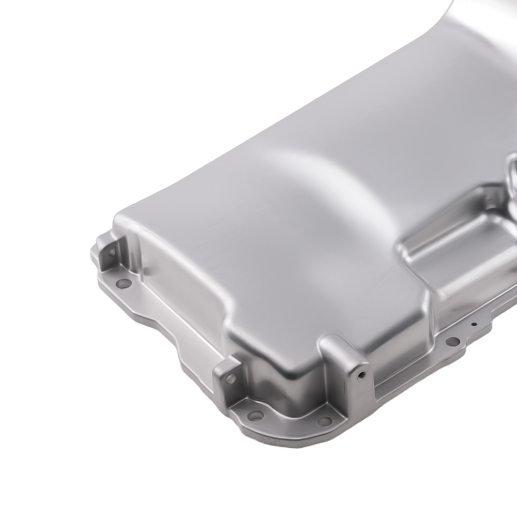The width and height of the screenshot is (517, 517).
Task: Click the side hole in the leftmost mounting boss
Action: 111,252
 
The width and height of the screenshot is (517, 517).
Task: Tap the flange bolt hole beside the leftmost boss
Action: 123,283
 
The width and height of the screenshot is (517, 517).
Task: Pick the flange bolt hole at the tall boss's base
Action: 324,421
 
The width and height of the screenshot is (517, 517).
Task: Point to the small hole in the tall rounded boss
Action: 361,374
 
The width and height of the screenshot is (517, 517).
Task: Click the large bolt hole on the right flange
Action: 452,341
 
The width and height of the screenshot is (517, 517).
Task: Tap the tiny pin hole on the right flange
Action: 474,325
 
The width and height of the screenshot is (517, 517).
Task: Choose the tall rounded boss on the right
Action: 346,367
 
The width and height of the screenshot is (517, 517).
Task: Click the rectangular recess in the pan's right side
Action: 455,248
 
